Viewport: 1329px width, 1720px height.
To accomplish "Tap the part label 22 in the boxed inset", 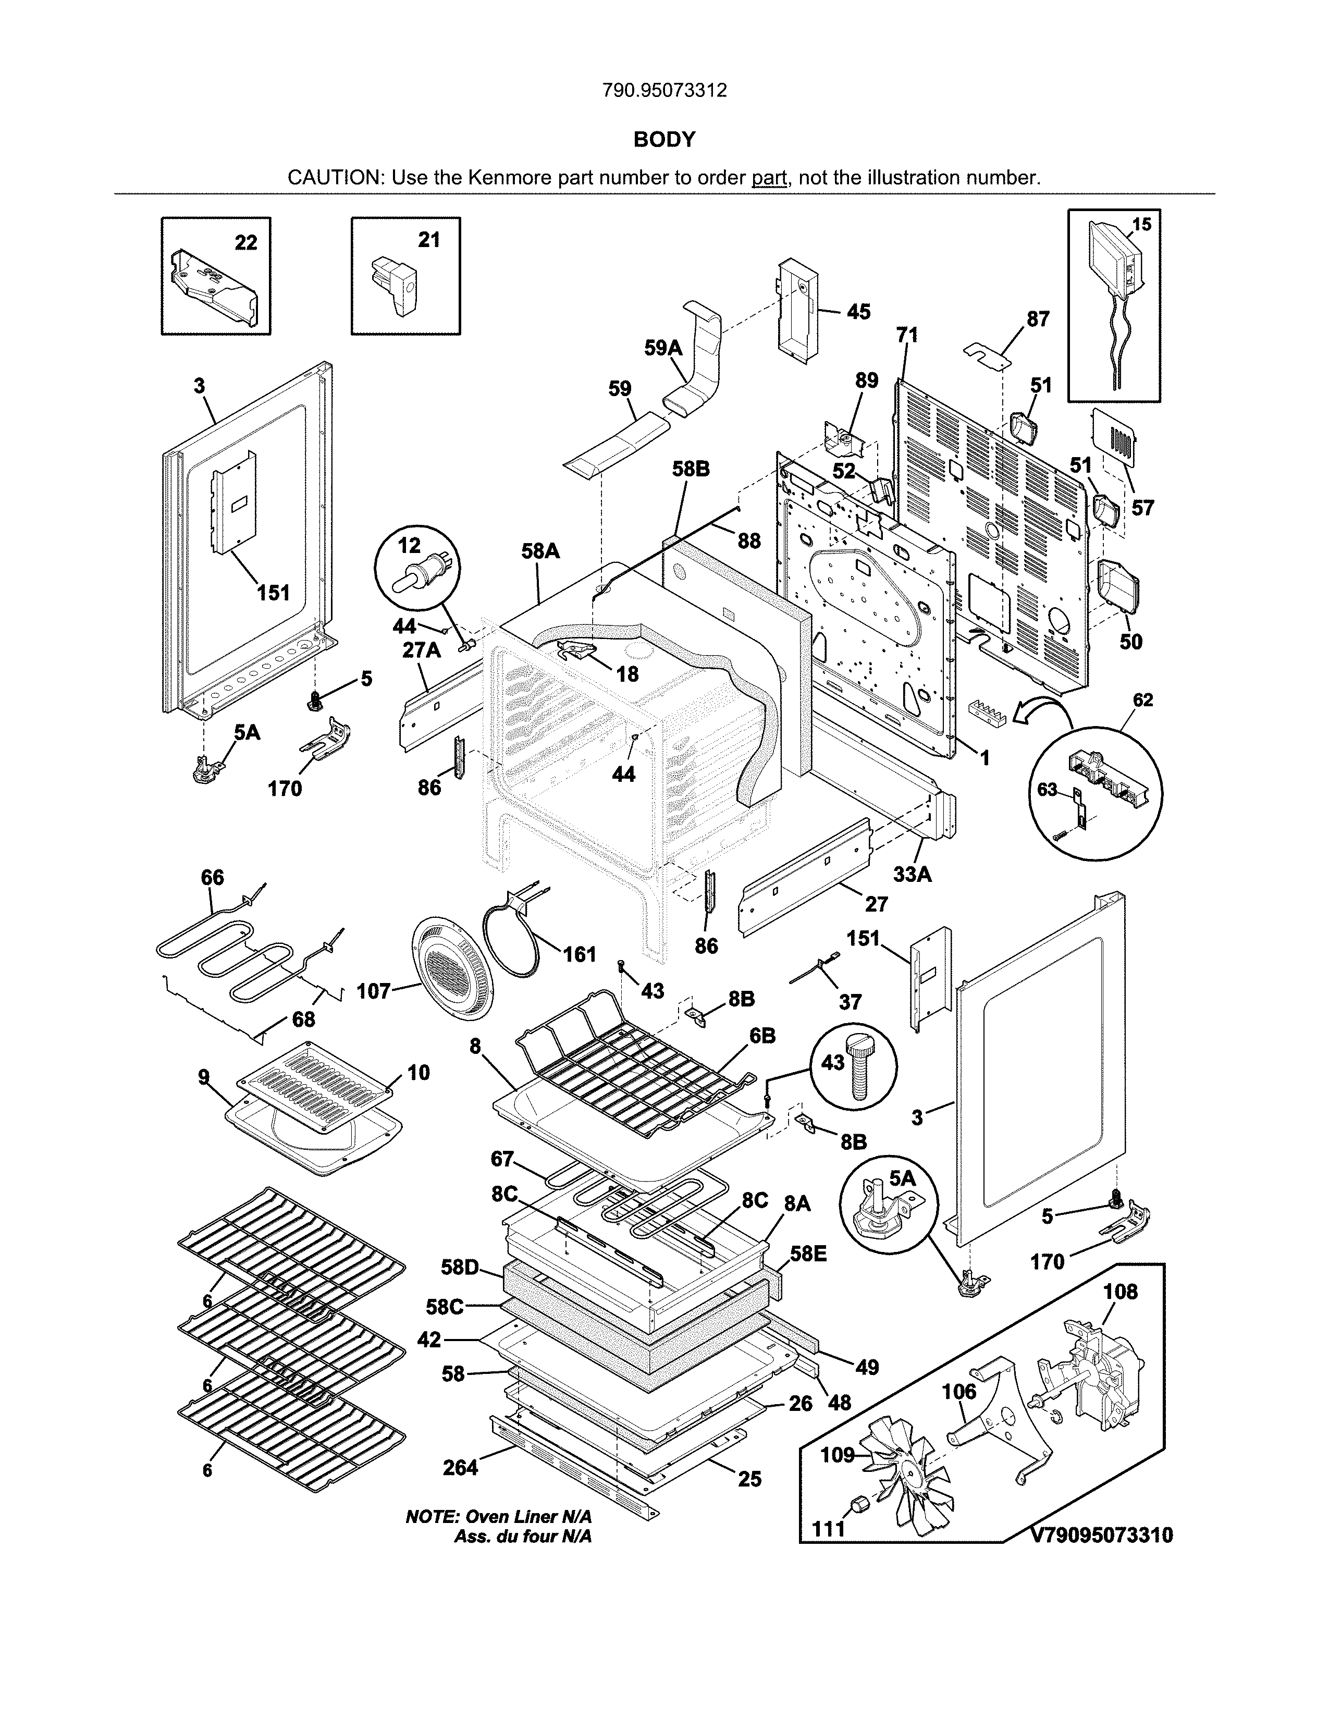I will [245, 242].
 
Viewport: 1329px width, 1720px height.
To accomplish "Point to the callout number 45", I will [858, 313].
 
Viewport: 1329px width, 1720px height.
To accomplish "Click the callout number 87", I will [1038, 319].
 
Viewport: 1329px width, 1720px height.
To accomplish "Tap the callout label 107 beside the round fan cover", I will [373, 991].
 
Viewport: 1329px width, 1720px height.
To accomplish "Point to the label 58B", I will [691, 470].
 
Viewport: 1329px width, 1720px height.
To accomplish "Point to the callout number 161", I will [580, 954].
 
